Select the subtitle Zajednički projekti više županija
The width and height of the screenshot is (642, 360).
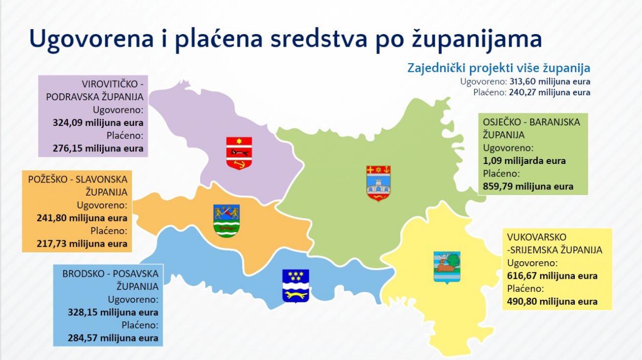coord(499,69)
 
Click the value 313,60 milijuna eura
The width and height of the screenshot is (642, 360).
coord(550,82)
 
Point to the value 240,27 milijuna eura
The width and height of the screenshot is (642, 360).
coord(550,93)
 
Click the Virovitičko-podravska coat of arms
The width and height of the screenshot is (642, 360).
coord(239,153)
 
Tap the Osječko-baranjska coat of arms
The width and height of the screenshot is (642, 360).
coord(378,183)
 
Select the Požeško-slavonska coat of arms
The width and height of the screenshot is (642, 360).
coord(226,221)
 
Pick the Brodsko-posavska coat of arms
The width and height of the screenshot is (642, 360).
coord(295,286)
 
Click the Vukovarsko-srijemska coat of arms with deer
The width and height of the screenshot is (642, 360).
coord(447,268)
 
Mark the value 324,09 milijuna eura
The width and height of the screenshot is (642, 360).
coord(98,123)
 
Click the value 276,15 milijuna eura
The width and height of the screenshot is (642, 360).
coord(98,148)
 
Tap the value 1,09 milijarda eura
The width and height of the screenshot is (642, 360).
coord(524,161)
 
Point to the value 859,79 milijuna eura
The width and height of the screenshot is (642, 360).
coord(528,187)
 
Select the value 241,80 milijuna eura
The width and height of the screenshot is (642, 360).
coord(82,218)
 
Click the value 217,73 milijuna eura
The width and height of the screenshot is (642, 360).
coord(82,244)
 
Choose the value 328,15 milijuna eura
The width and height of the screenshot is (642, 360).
coord(113,312)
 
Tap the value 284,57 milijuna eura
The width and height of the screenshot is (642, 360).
coord(113,338)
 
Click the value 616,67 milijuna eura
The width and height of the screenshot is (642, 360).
coord(552,276)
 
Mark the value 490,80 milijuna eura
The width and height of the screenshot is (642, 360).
coord(552,302)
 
